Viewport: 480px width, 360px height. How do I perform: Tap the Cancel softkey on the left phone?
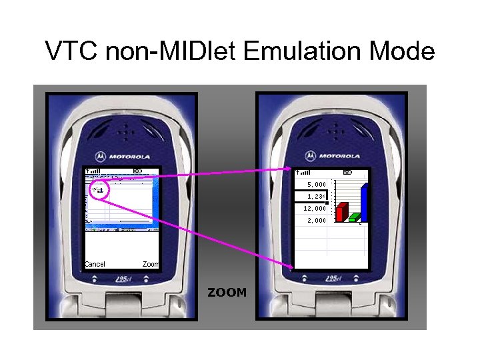[95, 264]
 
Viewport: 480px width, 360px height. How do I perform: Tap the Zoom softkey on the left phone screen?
[151, 264]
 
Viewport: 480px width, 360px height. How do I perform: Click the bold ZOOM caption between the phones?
[227, 292]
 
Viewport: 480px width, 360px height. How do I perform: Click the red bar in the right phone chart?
[341, 211]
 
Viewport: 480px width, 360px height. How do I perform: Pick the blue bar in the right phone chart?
[365, 201]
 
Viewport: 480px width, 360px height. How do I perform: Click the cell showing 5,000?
[316, 184]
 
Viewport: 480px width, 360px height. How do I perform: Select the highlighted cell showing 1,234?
[316, 196]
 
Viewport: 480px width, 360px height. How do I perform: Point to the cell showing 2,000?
[316, 220]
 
